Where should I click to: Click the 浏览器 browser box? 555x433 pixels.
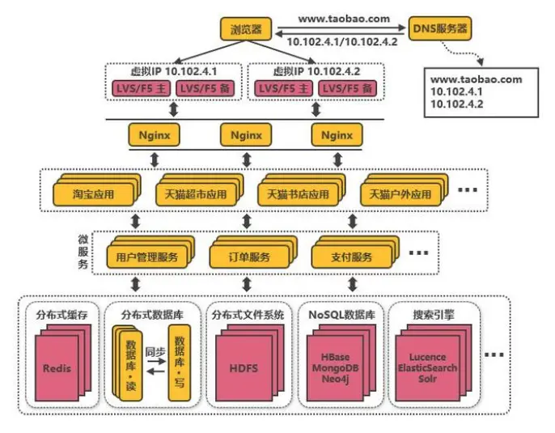[x=245, y=29]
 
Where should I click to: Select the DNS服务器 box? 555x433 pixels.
[x=439, y=29]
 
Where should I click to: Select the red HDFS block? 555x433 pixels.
[x=244, y=368]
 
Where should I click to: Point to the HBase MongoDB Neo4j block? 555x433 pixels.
[x=335, y=368]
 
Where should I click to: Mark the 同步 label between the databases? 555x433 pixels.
[x=155, y=353]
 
